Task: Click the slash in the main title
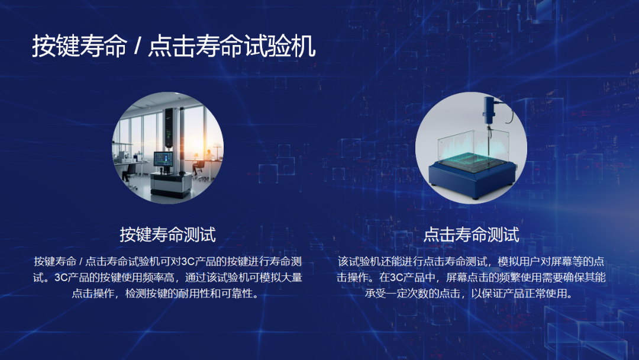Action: (x=137, y=46)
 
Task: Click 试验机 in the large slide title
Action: (x=279, y=46)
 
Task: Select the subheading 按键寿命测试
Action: (x=167, y=235)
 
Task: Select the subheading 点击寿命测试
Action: (x=471, y=235)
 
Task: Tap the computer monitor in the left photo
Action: (x=163, y=159)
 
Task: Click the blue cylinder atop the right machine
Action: (x=489, y=110)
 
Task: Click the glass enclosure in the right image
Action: (x=473, y=149)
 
